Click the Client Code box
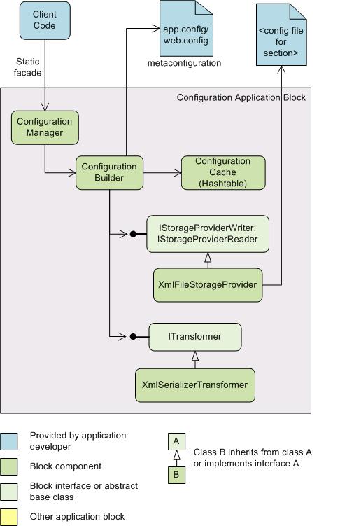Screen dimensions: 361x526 tap(45, 20)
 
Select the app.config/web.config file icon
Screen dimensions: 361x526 tap(186, 29)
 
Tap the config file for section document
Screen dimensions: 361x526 tap(281, 35)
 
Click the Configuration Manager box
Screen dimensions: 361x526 tap(45, 127)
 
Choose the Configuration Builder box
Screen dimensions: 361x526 tap(109, 172)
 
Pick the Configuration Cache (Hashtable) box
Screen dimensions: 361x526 tap(223, 172)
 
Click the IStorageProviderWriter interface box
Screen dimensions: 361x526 tap(208, 234)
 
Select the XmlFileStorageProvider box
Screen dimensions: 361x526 tap(208, 285)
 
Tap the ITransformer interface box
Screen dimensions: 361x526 tap(194, 337)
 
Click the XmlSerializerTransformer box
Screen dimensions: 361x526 tap(194, 385)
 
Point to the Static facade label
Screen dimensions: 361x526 tap(28, 67)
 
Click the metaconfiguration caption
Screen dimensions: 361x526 tap(185, 63)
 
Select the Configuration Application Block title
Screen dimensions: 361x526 tap(241, 97)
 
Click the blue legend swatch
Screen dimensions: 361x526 tap(8, 441)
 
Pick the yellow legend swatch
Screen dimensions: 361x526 tap(8, 518)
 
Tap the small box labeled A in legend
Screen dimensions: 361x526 tap(176, 441)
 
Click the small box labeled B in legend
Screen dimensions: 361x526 tap(176, 475)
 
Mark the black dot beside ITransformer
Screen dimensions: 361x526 tap(133, 336)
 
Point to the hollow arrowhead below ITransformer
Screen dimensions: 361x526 tap(195, 356)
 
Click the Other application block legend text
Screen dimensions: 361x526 tap(77, 517)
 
